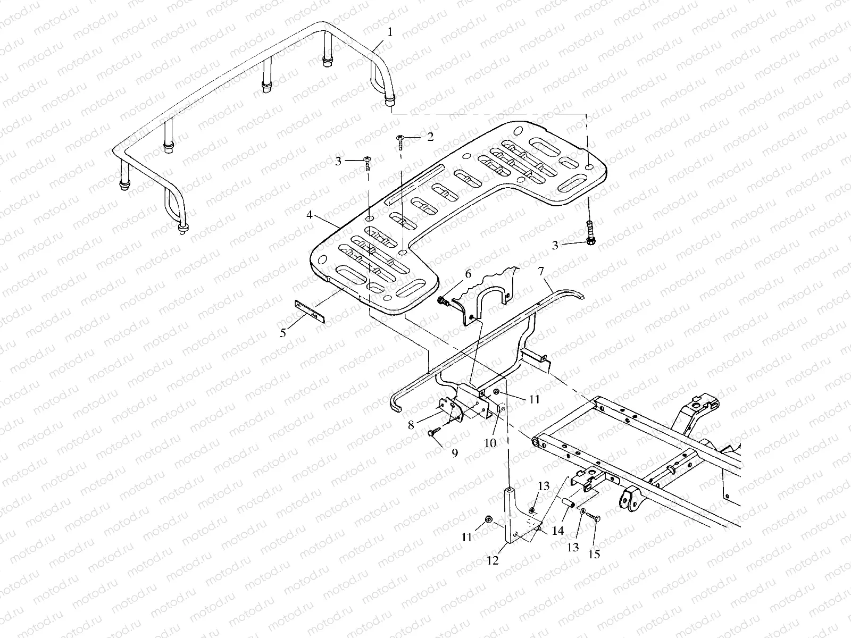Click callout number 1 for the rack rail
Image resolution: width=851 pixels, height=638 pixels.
pyautogui.click(x=390, y=32)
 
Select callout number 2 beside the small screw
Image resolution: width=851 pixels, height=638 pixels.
pyautogui.click(x=430, y=137)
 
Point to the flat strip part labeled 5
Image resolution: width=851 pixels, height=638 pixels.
pyautogui.click(x=310, y=310)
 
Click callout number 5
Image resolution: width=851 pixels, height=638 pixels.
pyautogui.click(x=283, y=333)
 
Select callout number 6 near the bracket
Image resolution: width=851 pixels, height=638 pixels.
pyautogui.click(x=468, y=274)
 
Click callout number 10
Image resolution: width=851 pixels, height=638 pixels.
pyautogui.click(x=490, y=442)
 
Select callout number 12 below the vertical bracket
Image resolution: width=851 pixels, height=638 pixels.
pyautogui.click(x=493, y=560)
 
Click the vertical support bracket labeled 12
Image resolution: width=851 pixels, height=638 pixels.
pyautogui.click(x=510, y=516)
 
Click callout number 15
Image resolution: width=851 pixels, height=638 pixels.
pyautogui.click(x=594, y=554)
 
